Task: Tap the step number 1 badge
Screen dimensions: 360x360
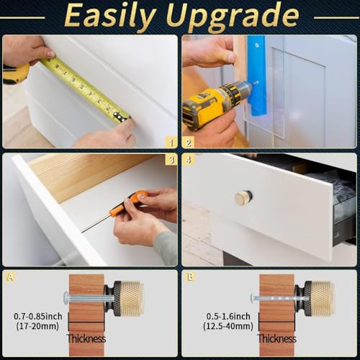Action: click(171, 143)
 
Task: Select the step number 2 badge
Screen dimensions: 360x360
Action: click(189, 143)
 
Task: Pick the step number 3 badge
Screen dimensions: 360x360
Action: click(171, 159)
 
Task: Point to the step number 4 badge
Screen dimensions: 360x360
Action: click(189, 159)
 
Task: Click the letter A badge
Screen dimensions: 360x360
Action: click(10, 277)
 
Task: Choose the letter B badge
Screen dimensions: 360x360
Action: click(190, 277)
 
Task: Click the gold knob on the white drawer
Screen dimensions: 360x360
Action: click(243, 198)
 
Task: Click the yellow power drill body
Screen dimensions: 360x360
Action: click(214, 103)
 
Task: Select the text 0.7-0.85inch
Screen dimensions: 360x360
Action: click(38, 316)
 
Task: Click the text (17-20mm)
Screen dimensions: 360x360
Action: click(37, 326)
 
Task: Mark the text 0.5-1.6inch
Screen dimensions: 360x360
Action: click(228, 316)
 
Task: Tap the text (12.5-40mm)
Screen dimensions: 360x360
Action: click(228, 326)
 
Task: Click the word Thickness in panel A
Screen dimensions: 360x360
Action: click(86, 338)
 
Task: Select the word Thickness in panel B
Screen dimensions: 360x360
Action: click(277, 338)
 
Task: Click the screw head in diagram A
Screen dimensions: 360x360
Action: click(66, 297)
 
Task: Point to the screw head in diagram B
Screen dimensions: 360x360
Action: click(253, 298)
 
